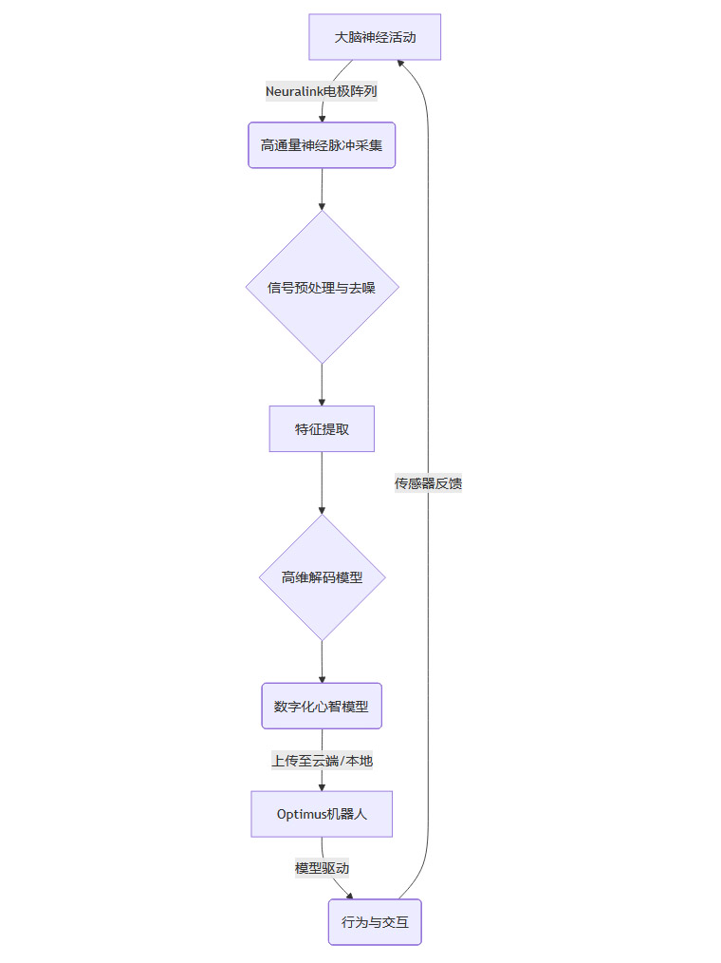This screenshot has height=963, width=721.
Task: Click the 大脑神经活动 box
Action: pyautogui.click(x=375, y=37)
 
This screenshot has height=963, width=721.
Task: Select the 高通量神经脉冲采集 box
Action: pyautogui.click(x=322, y=145)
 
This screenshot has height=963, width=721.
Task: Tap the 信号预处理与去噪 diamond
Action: pyautogui.click(x=322, y=287)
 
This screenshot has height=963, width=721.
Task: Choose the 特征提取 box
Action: pyautogui.click(x=322, y=429)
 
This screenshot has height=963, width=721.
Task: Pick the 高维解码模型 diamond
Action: pyautogui.click(x=322, y=576)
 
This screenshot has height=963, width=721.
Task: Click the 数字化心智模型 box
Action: pyautogui.click(x=322, y=706)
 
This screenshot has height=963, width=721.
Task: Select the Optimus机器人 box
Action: pyautogui.click(x=322, y=814)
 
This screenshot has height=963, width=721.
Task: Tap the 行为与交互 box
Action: pyautogui.click(x=375, y=921)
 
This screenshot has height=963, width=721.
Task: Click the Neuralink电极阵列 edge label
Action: pyautogui.click(x=322, y=91)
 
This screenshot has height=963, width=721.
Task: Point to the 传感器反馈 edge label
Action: pyautogui.click(x=428, y=483)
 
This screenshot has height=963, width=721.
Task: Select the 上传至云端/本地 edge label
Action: pyautogui.click(x=322, y=760)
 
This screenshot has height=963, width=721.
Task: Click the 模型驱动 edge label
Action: pyautogui.click(x=322, y=867)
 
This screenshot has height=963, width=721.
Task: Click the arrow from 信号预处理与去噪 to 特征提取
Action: pyautogui.click(x=322, y=385)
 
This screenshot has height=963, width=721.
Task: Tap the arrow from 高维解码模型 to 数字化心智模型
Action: pyautogui.click(x=322, y=661)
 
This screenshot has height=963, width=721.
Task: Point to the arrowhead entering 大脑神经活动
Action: pyautogui.click(x=401, y=63)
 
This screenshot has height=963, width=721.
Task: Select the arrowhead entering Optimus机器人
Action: pyautogui.click(x=322, y=785)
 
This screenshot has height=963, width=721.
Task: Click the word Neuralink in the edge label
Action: pyautogui.click(x=294, y=91)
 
